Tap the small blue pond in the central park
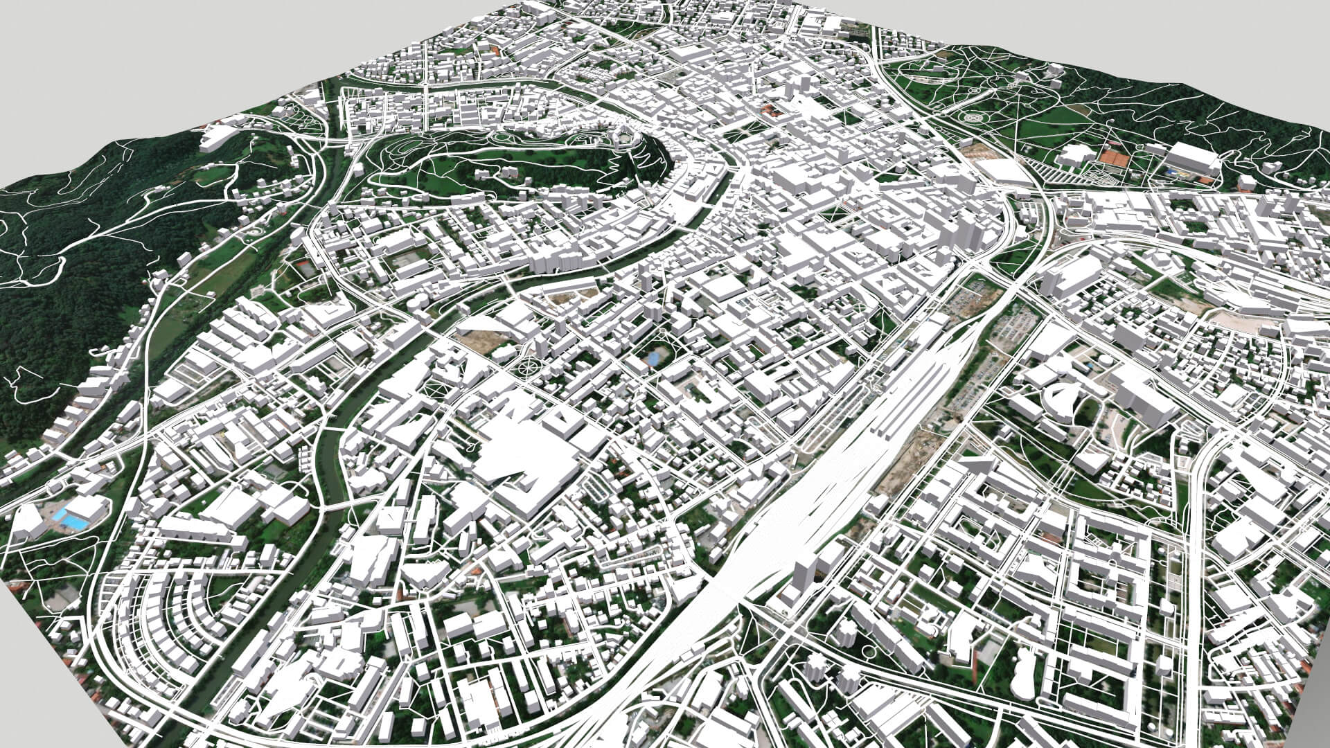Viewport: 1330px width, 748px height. coord(653,358)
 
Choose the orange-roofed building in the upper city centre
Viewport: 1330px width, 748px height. coord(770,109)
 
